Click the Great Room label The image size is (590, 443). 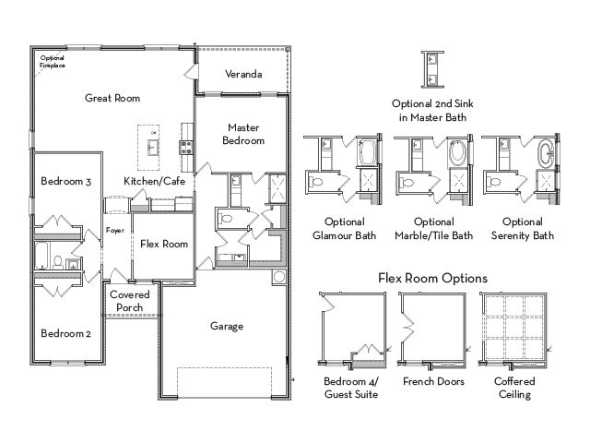pos(112,98)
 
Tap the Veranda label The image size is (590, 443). pos(243,74)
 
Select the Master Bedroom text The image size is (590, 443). pos(243,134)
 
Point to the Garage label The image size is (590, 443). pos(227,326)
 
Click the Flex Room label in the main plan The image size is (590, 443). pos(164,244)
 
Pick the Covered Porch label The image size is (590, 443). pos(129,301)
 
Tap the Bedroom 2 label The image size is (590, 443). pos(65,333)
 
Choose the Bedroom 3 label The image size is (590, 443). pos(65,181)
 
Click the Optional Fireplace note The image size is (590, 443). pos(53,62)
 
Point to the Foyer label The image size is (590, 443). pos(114,230)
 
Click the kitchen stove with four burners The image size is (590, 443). pos(186,147)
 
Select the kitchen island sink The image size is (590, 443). pos(153,148)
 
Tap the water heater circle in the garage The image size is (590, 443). pos(279,277)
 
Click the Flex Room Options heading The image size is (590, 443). pos(432,279)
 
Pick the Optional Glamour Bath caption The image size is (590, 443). pos(344,229)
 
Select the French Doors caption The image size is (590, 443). pos(433,381)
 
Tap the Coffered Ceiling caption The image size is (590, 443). pos(514,388)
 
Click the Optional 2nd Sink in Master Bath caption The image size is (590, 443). pos(432,111)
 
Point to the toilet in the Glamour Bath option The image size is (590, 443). pos(317,183)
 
